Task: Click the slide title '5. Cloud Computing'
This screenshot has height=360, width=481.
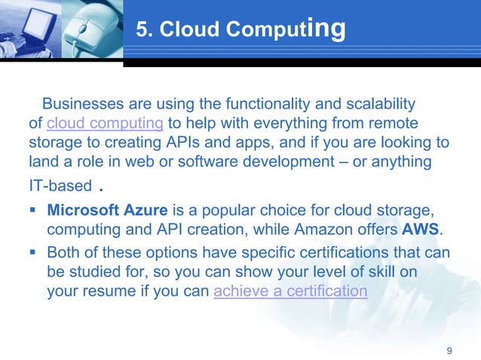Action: point(240,29)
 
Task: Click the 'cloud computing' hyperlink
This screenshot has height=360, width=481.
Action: point(106,123)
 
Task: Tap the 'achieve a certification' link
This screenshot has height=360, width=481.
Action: point(290,291)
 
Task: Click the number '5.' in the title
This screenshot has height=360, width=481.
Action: point(146,30)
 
